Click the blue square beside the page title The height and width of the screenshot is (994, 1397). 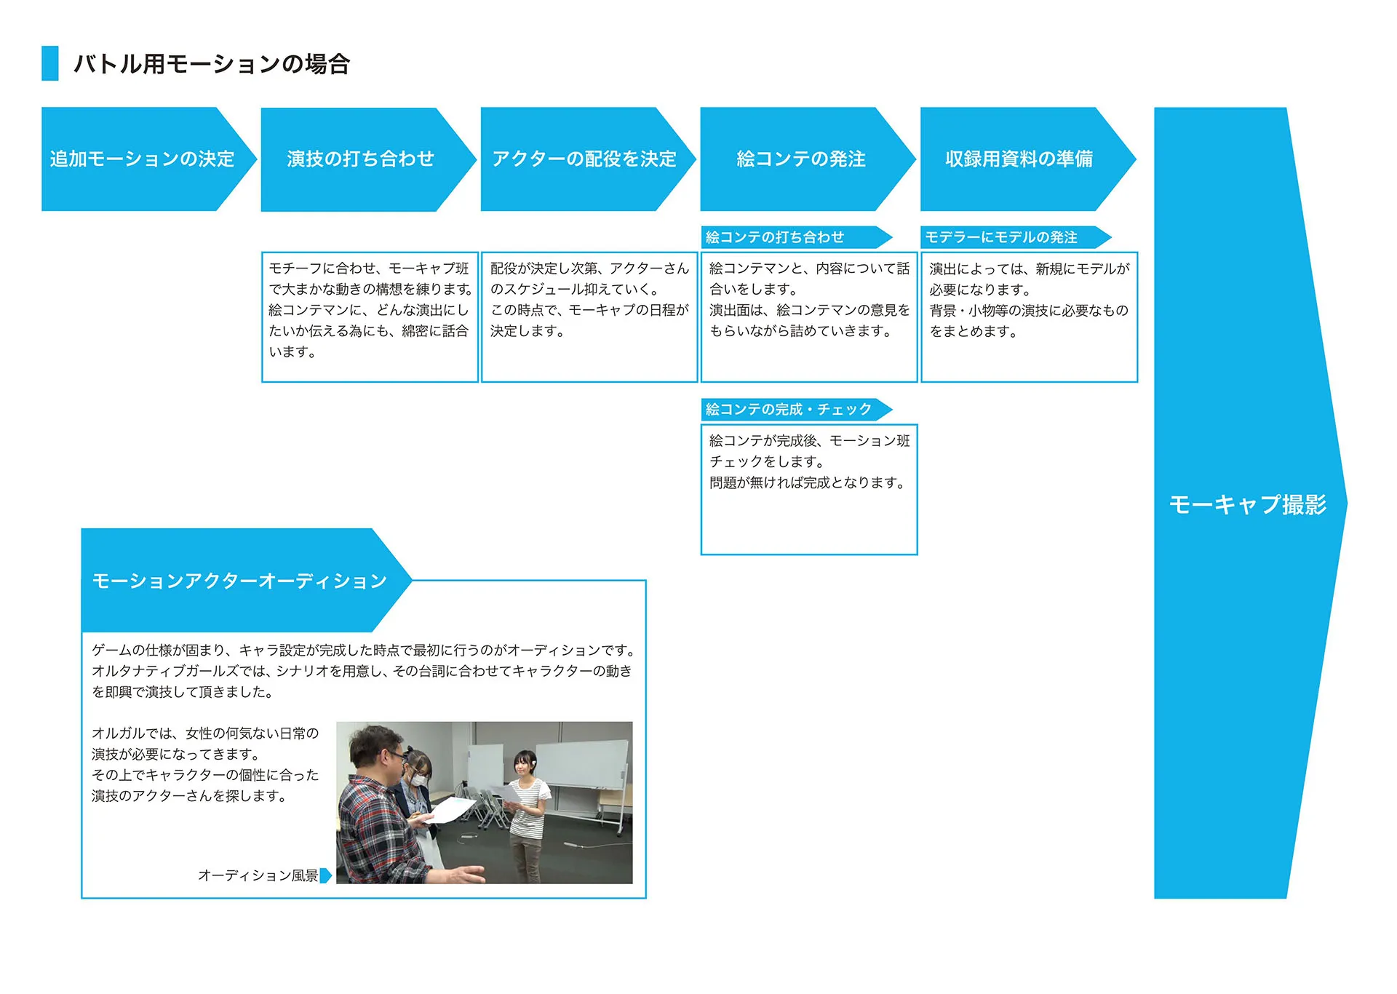[50, 63]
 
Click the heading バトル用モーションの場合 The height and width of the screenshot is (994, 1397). [212, 64]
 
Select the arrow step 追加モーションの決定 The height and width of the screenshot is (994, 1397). [143, 159]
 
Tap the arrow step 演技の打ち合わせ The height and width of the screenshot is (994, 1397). [361, 159]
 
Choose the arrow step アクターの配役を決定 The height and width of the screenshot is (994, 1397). [584, 159]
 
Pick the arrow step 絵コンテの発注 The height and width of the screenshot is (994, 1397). [801, 159]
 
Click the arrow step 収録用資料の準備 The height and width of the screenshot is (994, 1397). [1019, 159]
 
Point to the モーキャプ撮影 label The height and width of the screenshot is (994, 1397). [1247, 504]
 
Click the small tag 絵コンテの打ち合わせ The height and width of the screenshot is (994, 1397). [776, 237]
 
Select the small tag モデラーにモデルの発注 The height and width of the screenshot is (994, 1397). [1001, 237]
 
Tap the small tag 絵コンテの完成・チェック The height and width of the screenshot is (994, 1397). [789, 409]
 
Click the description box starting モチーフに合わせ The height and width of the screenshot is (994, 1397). [370, 316]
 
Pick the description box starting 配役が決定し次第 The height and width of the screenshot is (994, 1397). [589, 316]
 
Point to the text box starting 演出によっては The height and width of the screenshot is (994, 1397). [1029, 316]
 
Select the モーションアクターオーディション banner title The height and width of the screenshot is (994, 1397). [239, 581]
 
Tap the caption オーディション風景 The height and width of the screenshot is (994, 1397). [258, 875]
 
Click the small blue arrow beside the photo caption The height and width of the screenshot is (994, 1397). [326, 875]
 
